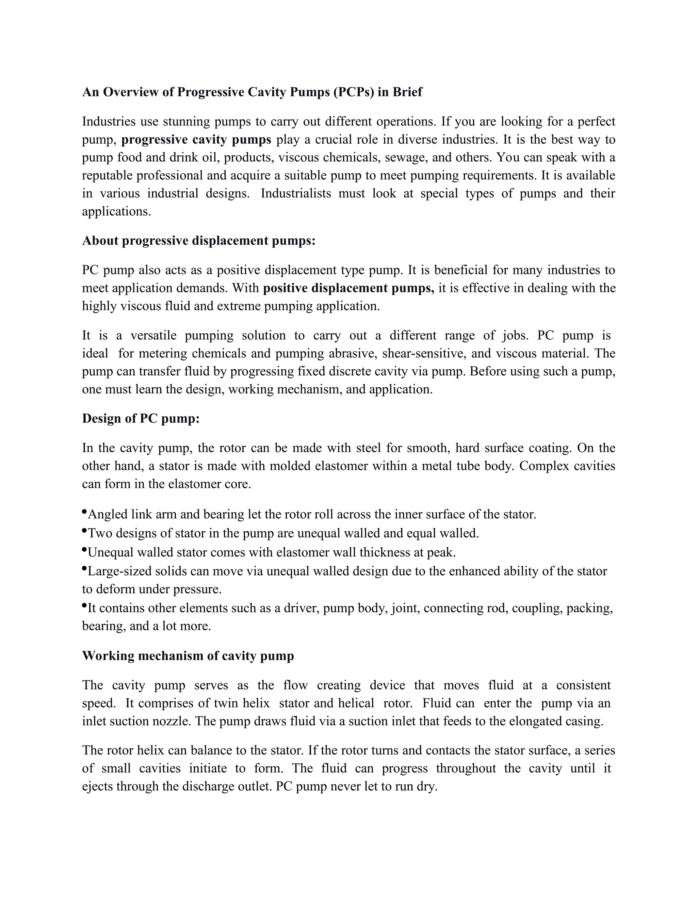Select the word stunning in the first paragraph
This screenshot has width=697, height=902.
[x=186, y=122]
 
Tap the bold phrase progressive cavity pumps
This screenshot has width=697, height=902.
[x=196, y=140]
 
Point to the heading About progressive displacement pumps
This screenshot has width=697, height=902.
[x=199, y=241]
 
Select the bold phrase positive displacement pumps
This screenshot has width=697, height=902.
[x=348, y=288]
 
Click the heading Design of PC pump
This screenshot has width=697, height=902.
[x=141, y=419]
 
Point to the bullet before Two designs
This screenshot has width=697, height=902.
[x=85, y=531]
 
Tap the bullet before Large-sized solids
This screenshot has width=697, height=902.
[x=85, y=569]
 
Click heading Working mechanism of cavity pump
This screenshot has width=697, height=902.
[x=188, y=656]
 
